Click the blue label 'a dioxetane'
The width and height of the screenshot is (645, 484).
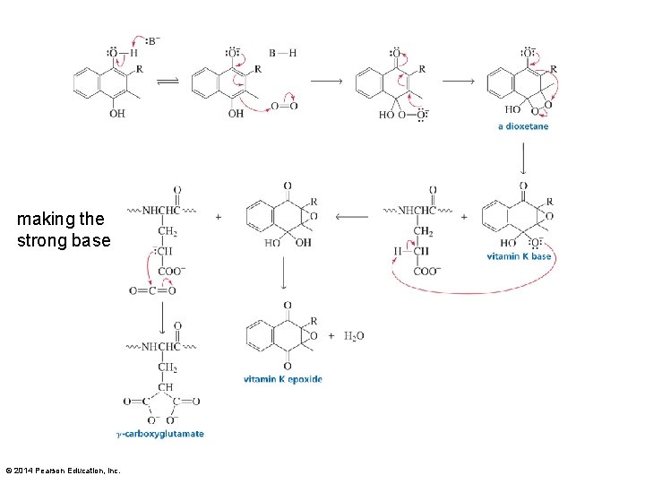[523, 126]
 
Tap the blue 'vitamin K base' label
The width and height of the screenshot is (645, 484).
[519, 256]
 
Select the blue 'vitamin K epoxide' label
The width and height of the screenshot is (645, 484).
[282, 379]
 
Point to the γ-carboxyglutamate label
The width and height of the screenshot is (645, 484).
[160, 434]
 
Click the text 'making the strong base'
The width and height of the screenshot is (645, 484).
[63, 229]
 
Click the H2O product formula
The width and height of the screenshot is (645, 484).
[354, 336]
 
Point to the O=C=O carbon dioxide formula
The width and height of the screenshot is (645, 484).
[151, 290]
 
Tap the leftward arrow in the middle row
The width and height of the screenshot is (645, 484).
[350, 216]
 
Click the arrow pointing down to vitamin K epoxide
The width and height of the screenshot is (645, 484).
[283, 273]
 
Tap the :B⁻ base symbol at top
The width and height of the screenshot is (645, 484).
[154, 40]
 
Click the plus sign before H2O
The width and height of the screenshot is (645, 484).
[331, 336]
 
